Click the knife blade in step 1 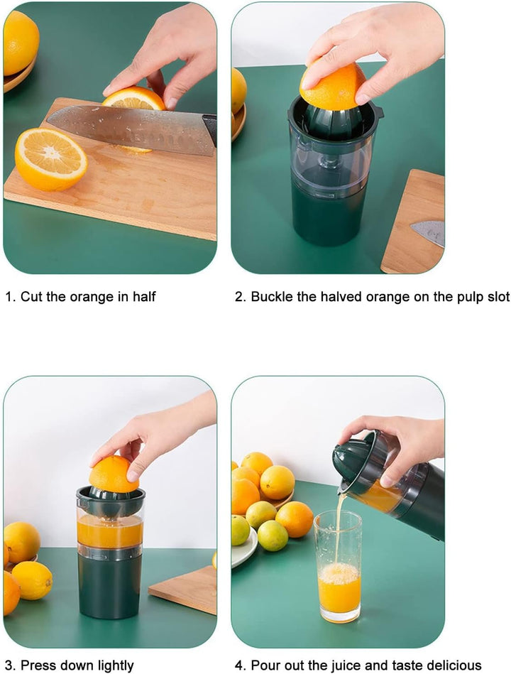(x=129, y=128)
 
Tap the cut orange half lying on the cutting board (x=51, y=160)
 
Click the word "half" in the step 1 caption (x=144, y=297)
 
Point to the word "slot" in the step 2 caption (x=498, y=297)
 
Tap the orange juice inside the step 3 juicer (x=110, y=531)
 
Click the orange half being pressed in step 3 (x=114, y=474)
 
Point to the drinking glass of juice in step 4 (x=339, y=566)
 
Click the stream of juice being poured (x=338, y=528)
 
